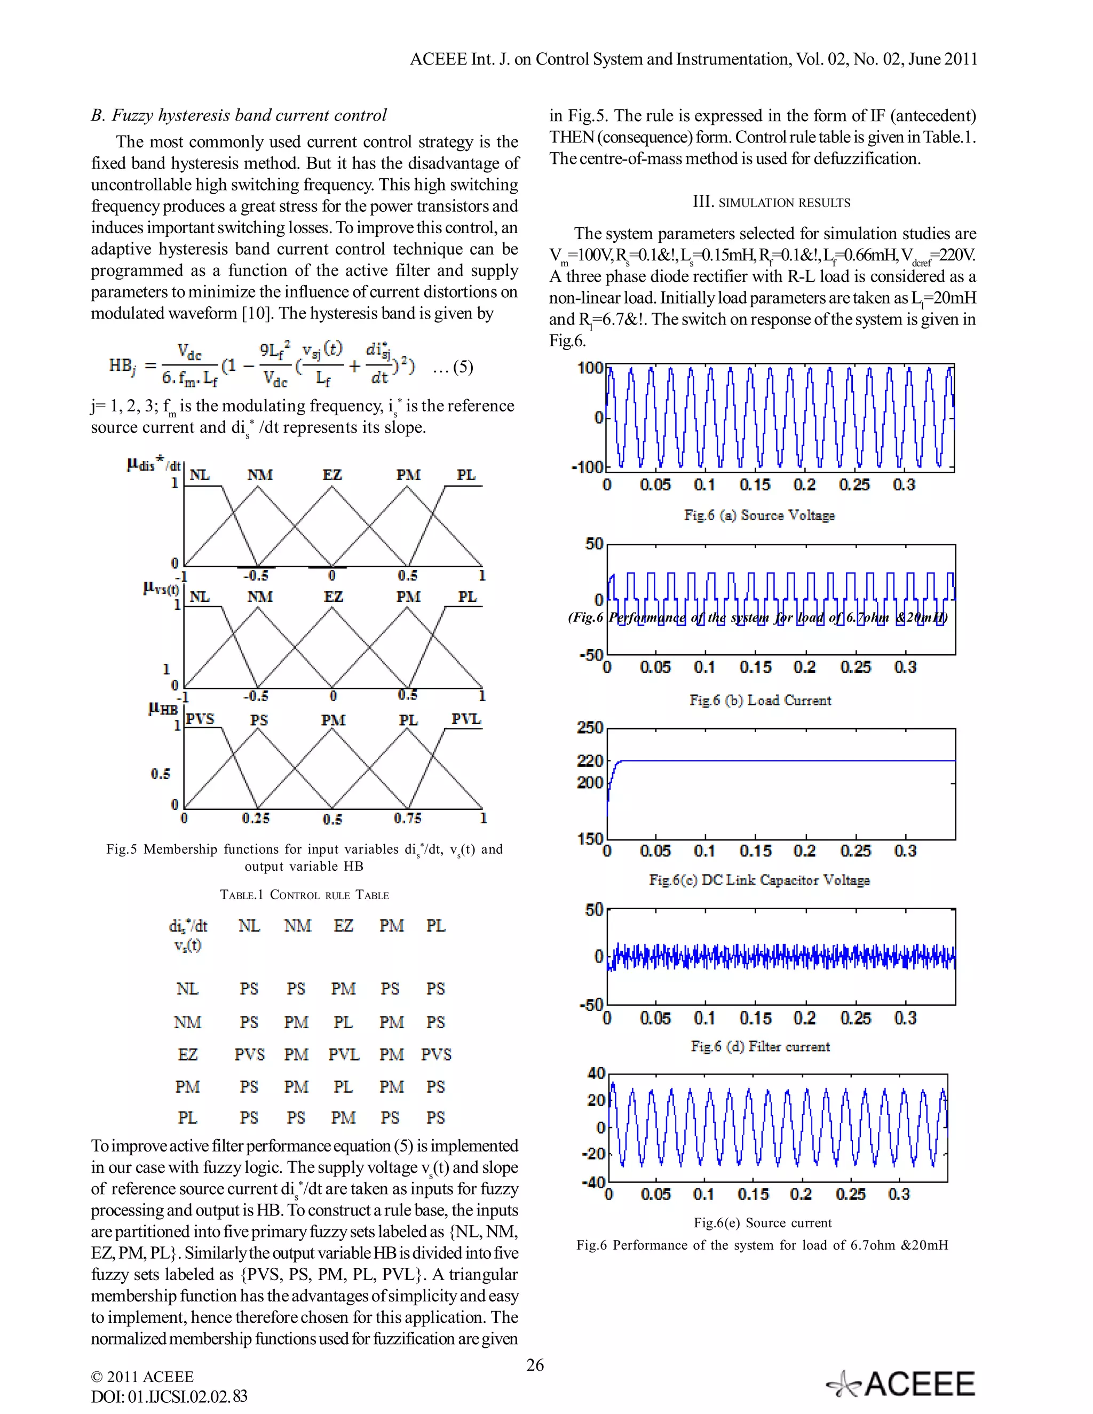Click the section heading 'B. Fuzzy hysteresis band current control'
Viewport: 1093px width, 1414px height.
[x=239, y=115]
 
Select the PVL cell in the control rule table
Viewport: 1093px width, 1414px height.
[x=343, y=1055]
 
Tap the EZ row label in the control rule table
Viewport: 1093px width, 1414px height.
[x=188, y=1055]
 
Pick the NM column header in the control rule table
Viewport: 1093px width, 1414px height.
[x=297, y=926]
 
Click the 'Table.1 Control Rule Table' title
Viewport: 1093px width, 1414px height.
[x=304, y=895]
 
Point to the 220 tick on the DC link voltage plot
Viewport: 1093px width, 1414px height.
[x=590, y=761]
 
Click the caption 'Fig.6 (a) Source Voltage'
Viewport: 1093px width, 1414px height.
[x=759, y=515]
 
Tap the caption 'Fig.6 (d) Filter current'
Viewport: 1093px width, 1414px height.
[x=759, y=1046]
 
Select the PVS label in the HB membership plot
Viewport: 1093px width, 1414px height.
[x=200, y=719]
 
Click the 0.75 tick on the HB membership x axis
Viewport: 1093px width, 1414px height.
[x=407, y=819]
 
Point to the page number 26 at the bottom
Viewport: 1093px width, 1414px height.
[x=535, y=1365]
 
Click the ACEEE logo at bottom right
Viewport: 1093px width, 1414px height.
[x=901, y=1383]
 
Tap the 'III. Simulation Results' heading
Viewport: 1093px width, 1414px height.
[x=771, y=202]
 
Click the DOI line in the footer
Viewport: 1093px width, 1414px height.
[x=169, y=1396]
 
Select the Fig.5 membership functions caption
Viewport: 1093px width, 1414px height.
[x=304, y=857]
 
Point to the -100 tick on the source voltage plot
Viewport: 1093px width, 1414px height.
[x=587, y=467]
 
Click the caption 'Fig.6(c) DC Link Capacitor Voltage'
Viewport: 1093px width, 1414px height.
[x=759, y=880]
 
